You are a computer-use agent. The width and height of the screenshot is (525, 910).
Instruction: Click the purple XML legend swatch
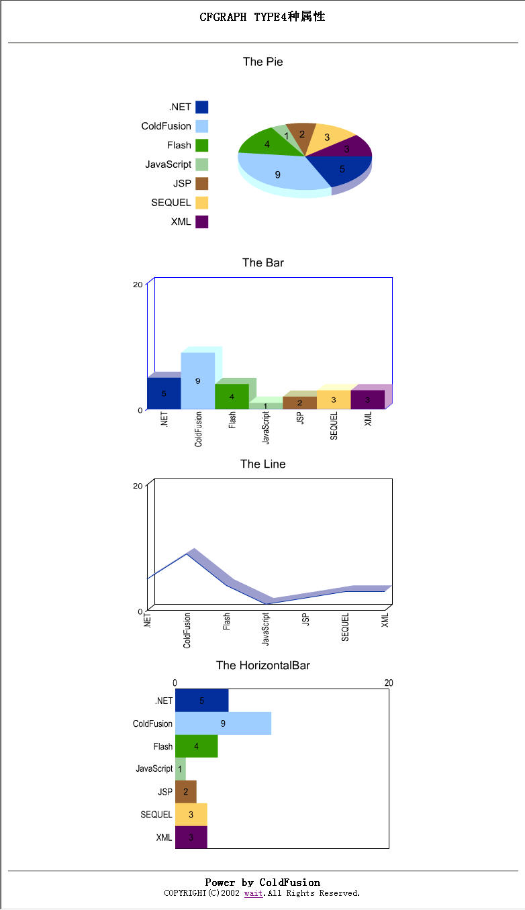tap(201, 221)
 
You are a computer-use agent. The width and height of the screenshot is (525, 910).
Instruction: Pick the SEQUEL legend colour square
tap(201, 203)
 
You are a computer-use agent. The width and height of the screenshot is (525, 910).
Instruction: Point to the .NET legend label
tap(180, 107)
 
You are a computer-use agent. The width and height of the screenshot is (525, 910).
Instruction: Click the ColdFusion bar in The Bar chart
tap(197, 381)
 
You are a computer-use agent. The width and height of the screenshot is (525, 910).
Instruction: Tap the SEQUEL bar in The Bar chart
tap(333, 399)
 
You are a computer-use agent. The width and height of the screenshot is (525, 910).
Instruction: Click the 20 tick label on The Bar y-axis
tap(138, 285)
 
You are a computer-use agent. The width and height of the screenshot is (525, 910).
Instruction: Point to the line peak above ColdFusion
tap(187, 554)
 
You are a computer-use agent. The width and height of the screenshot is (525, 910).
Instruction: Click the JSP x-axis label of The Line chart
tap(305, 619)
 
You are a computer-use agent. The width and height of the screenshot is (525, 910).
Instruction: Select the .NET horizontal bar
tap(201, 701)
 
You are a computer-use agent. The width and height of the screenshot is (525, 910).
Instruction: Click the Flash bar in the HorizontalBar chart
tap(196, 746)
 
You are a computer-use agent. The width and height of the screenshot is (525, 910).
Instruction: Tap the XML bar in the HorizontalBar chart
tap(191, 838)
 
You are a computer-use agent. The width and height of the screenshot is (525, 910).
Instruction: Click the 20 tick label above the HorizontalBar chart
tap(389, 683)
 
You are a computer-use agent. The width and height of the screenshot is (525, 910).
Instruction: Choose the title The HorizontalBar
tap(262, 666)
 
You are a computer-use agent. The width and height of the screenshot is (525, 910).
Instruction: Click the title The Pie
tap(262, 62)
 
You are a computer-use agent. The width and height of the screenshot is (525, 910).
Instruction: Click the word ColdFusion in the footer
tap(289, 882)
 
